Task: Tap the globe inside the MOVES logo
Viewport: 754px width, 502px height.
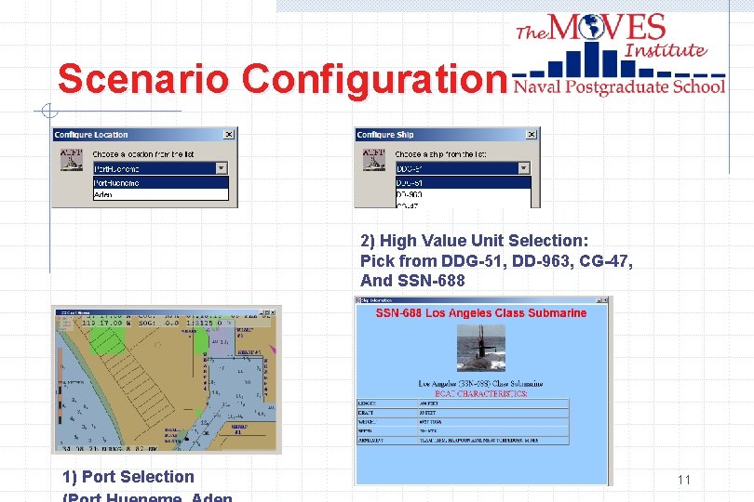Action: (590, 28)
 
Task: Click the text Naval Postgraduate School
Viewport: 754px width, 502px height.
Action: (619, 86)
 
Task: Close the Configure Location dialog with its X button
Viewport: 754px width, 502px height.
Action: (228, 135)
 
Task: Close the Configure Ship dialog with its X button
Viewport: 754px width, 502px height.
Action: (531, 135)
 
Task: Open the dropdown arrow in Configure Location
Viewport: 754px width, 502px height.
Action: (222, 169)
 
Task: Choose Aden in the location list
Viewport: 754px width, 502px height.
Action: (104, 195)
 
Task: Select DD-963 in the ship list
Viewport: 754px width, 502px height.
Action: (410, 195)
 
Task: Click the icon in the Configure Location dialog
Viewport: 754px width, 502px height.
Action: (72, 159)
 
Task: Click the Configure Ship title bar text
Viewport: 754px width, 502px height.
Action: (384, 135)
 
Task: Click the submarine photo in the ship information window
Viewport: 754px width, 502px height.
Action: (480, 348)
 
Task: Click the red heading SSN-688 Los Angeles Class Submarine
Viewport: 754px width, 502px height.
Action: (480, 313)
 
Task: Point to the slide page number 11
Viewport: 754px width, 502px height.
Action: (684, 480)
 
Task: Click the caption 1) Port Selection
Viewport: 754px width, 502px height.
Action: (128, 477)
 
